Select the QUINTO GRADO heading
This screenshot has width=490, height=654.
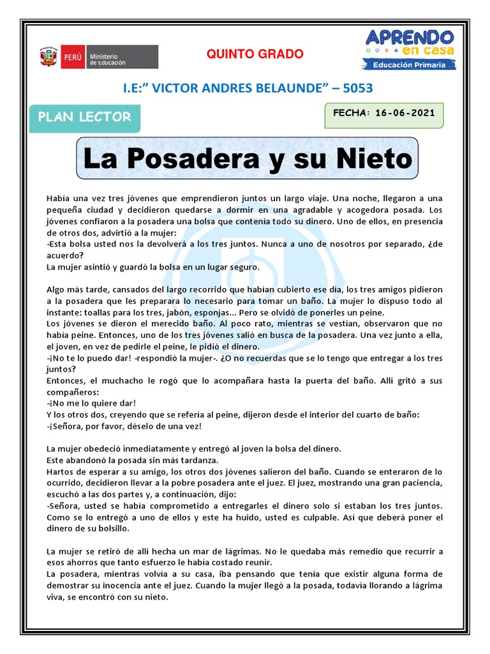tap(255, 54)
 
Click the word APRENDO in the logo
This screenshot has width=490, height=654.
tap(410, 38)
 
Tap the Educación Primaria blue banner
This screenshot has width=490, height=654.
tap(409, 64)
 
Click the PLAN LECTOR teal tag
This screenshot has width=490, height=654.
tap(85, 118)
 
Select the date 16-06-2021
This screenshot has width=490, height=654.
tap(405, 113)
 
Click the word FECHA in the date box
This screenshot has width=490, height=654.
tap(351, 113)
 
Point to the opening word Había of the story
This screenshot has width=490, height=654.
tap(59, 199)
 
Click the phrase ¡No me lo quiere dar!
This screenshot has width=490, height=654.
tap(91, 403)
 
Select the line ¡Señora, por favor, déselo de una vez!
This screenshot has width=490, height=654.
tap(124, 426)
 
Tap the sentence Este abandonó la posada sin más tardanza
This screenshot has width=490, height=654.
tap(133, 460)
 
